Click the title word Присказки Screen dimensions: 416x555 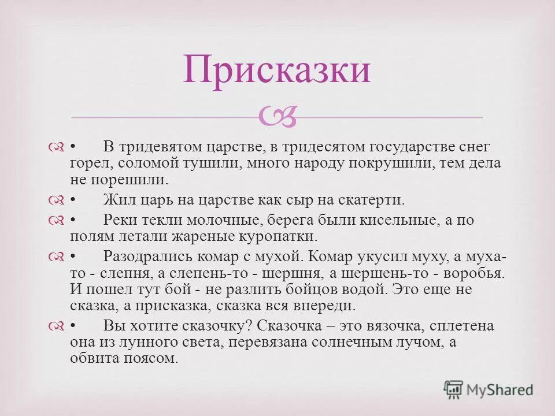[x=277, y=70]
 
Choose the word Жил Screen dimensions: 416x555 [x=118, y=200]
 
